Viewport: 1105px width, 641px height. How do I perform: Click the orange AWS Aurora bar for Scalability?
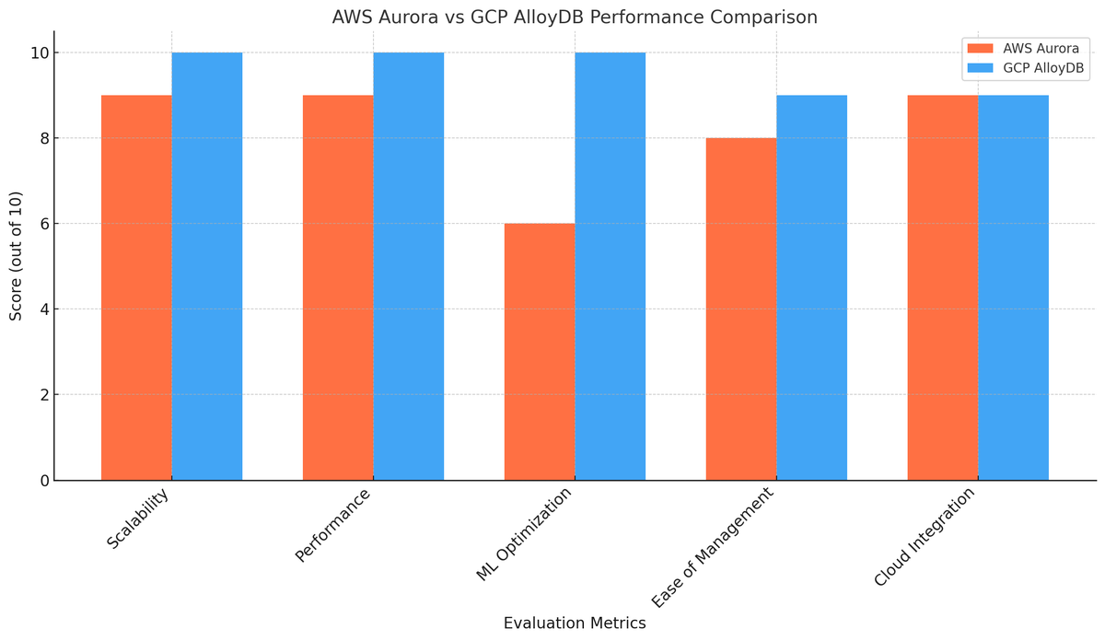pyautogui.click(x=136, y=287)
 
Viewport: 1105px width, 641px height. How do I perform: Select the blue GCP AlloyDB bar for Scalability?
pyautogui.click(x=207, y=266)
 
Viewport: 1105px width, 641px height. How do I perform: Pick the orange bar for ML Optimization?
pyautogui.click(x=540, y=352)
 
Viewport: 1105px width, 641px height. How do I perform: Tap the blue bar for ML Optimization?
pyautogui.click(x=611, y=266)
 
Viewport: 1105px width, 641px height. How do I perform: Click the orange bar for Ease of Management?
pyautogui.click(x=741, y=309)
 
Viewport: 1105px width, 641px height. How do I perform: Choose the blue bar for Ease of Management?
pyautogui.click(x=812, y=287)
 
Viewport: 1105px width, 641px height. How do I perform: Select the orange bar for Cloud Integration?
pyautogui.click(x=943, y=287)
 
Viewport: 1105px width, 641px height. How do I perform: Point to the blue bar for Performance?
pyautogui.click(x=409, y=266)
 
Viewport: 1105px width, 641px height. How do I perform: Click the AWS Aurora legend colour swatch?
pyautogui.click(x=980, y=49)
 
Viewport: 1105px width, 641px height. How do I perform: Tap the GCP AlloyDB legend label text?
pyautogui.click(x=1043, y=68)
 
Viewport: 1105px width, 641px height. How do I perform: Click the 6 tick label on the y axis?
pyautogui.click(x=45, y=224)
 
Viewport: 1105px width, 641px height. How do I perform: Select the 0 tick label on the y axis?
pyautogui.click(x=45, y=481)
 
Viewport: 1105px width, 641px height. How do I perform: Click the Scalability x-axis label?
pyautogui.click(x=138, y=519)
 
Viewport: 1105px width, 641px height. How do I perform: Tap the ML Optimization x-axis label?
pyautogui.click(x=524, y=534)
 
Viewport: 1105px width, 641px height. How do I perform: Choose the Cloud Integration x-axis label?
pyautogui.click(x=925, y=537)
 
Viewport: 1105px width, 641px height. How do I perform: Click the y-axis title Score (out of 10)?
pyautogui.click(x=16, y=256)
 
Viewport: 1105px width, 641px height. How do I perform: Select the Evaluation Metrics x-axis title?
pyautogui.click(x=575, y=624)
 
